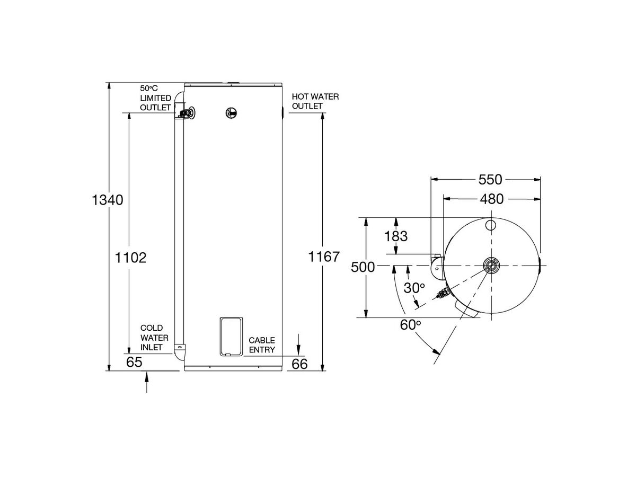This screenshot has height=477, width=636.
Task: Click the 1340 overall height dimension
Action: coord(108,200)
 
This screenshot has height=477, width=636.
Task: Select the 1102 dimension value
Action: coord(130,258)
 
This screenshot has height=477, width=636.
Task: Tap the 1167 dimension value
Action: coord(323,257)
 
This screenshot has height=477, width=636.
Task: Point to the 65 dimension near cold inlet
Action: coord(135,363)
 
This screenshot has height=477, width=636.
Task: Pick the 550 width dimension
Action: coord(490,180)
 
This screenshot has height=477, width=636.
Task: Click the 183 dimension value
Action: coord(396,236)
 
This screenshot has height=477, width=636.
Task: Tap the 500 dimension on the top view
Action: coord(363,267)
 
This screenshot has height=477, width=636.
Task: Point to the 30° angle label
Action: coord(414,288)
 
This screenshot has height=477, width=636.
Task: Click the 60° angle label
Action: coord(410,325)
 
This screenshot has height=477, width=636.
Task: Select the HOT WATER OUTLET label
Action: coord(315,101)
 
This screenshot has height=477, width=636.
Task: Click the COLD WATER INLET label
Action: coord(154,338)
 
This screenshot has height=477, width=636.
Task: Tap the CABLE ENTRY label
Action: coord(262,344)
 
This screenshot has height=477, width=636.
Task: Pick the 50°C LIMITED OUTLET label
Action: coord(155,98)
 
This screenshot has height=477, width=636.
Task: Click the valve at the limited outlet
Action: coord(185,113)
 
